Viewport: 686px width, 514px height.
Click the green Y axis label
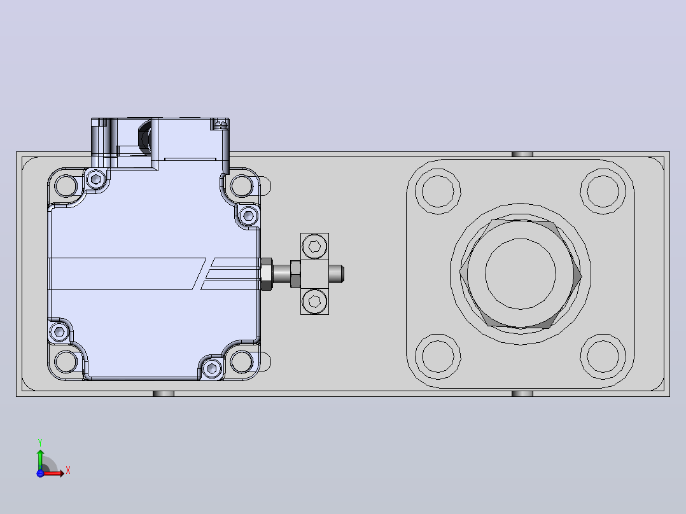40,442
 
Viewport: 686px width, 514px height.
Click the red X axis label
68,471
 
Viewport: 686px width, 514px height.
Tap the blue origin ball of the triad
40,473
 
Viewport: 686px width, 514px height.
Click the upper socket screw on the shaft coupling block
314,246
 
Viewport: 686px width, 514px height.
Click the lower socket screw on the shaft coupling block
314,302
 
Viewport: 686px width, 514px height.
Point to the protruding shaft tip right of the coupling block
337,274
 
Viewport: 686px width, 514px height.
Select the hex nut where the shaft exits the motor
267,274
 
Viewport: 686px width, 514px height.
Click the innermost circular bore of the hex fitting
521,274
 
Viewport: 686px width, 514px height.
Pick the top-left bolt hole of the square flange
438,191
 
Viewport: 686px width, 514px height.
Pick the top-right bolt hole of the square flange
603,191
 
